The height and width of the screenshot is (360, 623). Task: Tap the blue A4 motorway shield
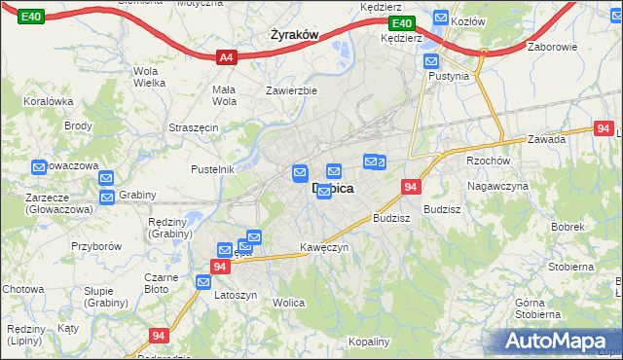(x=226, y=57)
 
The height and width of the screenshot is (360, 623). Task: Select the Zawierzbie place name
(x=292, y=91)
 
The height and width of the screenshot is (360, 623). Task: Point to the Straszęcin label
(x=193, y=127)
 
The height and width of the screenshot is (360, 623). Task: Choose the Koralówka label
(x=50, y=100)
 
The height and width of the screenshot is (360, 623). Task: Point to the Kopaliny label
(x=369, y=342)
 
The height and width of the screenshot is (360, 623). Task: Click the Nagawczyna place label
(x=497, y=186)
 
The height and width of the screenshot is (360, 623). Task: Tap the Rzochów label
(x=488, y=161)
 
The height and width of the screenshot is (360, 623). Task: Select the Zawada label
(x=547, y=139)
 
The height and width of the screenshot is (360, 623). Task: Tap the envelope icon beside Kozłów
(x=441, y=18)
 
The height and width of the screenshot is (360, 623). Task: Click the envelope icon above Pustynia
(x=433, y=60)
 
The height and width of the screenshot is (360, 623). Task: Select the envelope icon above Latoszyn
(x=203, y=282)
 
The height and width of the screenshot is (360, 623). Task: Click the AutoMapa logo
(x=560, y=342)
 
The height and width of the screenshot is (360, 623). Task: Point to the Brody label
(x=78, y=126)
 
